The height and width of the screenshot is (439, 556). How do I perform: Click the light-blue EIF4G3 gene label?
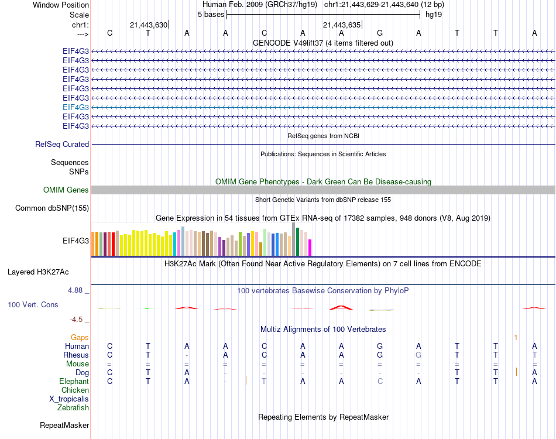75,107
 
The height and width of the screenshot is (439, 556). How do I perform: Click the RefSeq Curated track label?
62,144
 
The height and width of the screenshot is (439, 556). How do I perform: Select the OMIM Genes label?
66,190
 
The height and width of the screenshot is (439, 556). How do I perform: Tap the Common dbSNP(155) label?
52,208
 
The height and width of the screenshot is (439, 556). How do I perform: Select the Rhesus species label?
76,355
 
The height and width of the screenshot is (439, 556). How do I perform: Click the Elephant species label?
74,381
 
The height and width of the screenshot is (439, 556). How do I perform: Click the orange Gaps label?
80,337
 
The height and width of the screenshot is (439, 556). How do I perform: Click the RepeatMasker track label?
64,425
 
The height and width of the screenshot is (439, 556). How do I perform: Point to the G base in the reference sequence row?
380,33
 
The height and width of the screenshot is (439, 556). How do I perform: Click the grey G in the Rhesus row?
418,355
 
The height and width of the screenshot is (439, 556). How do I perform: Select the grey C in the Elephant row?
380,381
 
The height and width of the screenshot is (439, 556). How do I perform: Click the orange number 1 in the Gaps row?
516,337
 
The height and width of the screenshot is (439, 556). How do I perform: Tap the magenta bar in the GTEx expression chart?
310,247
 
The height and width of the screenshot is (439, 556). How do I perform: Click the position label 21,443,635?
342,25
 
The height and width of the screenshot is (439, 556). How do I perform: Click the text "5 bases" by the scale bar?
211,14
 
